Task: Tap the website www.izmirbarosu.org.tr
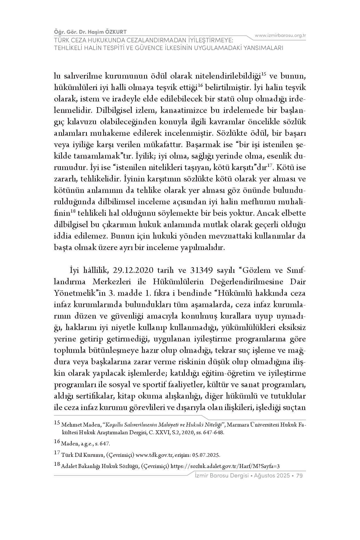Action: [280, 35]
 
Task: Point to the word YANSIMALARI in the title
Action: [263, 48]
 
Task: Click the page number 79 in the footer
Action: [299, 476]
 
